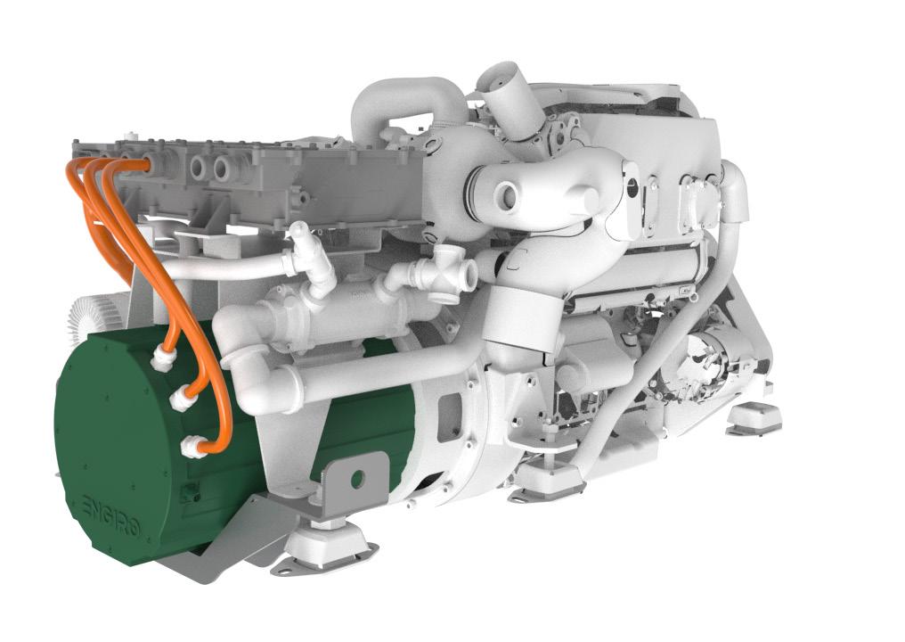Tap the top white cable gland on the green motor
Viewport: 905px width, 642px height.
162,360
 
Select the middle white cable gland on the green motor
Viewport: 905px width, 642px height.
181,399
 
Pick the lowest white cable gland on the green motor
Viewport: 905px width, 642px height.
192,446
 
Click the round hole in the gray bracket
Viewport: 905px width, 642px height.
357,478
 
